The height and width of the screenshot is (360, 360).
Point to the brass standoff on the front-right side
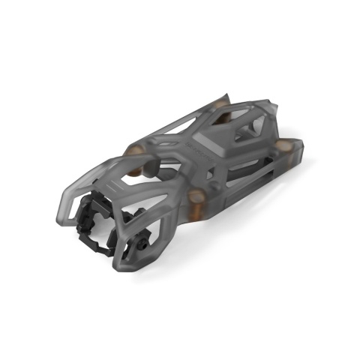click(197, 197)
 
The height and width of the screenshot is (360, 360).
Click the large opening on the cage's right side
click(161, 225)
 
